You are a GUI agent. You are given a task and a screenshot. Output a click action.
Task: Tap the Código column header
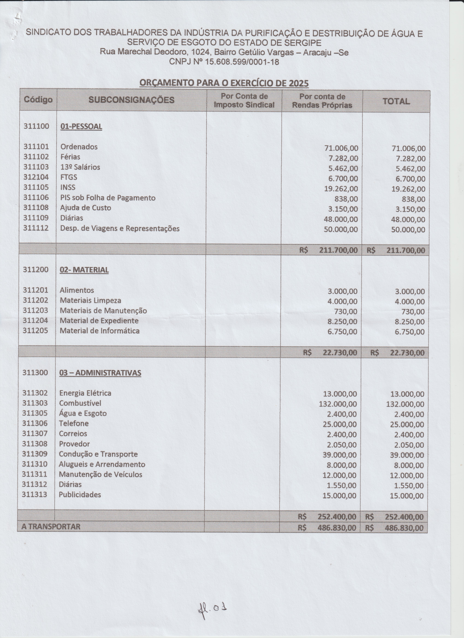pyautogui.click(x=38, y=100)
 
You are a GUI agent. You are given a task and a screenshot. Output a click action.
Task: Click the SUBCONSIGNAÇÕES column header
pyautogui.click(x=131, y=100)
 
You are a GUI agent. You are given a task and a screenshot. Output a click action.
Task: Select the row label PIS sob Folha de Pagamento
pyautogui.click(x=108, y=198)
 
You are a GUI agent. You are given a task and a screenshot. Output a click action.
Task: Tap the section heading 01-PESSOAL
pyautogui.click(x=81, y=127)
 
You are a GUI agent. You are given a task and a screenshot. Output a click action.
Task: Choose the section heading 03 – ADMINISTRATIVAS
pyautogui.click(x=100, y=373)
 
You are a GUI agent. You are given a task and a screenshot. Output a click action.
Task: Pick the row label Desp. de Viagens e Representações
pyautogui.click(x=120, y=228)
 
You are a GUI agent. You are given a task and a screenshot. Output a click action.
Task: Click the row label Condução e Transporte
pyautogui.click(x=98, y=454)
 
